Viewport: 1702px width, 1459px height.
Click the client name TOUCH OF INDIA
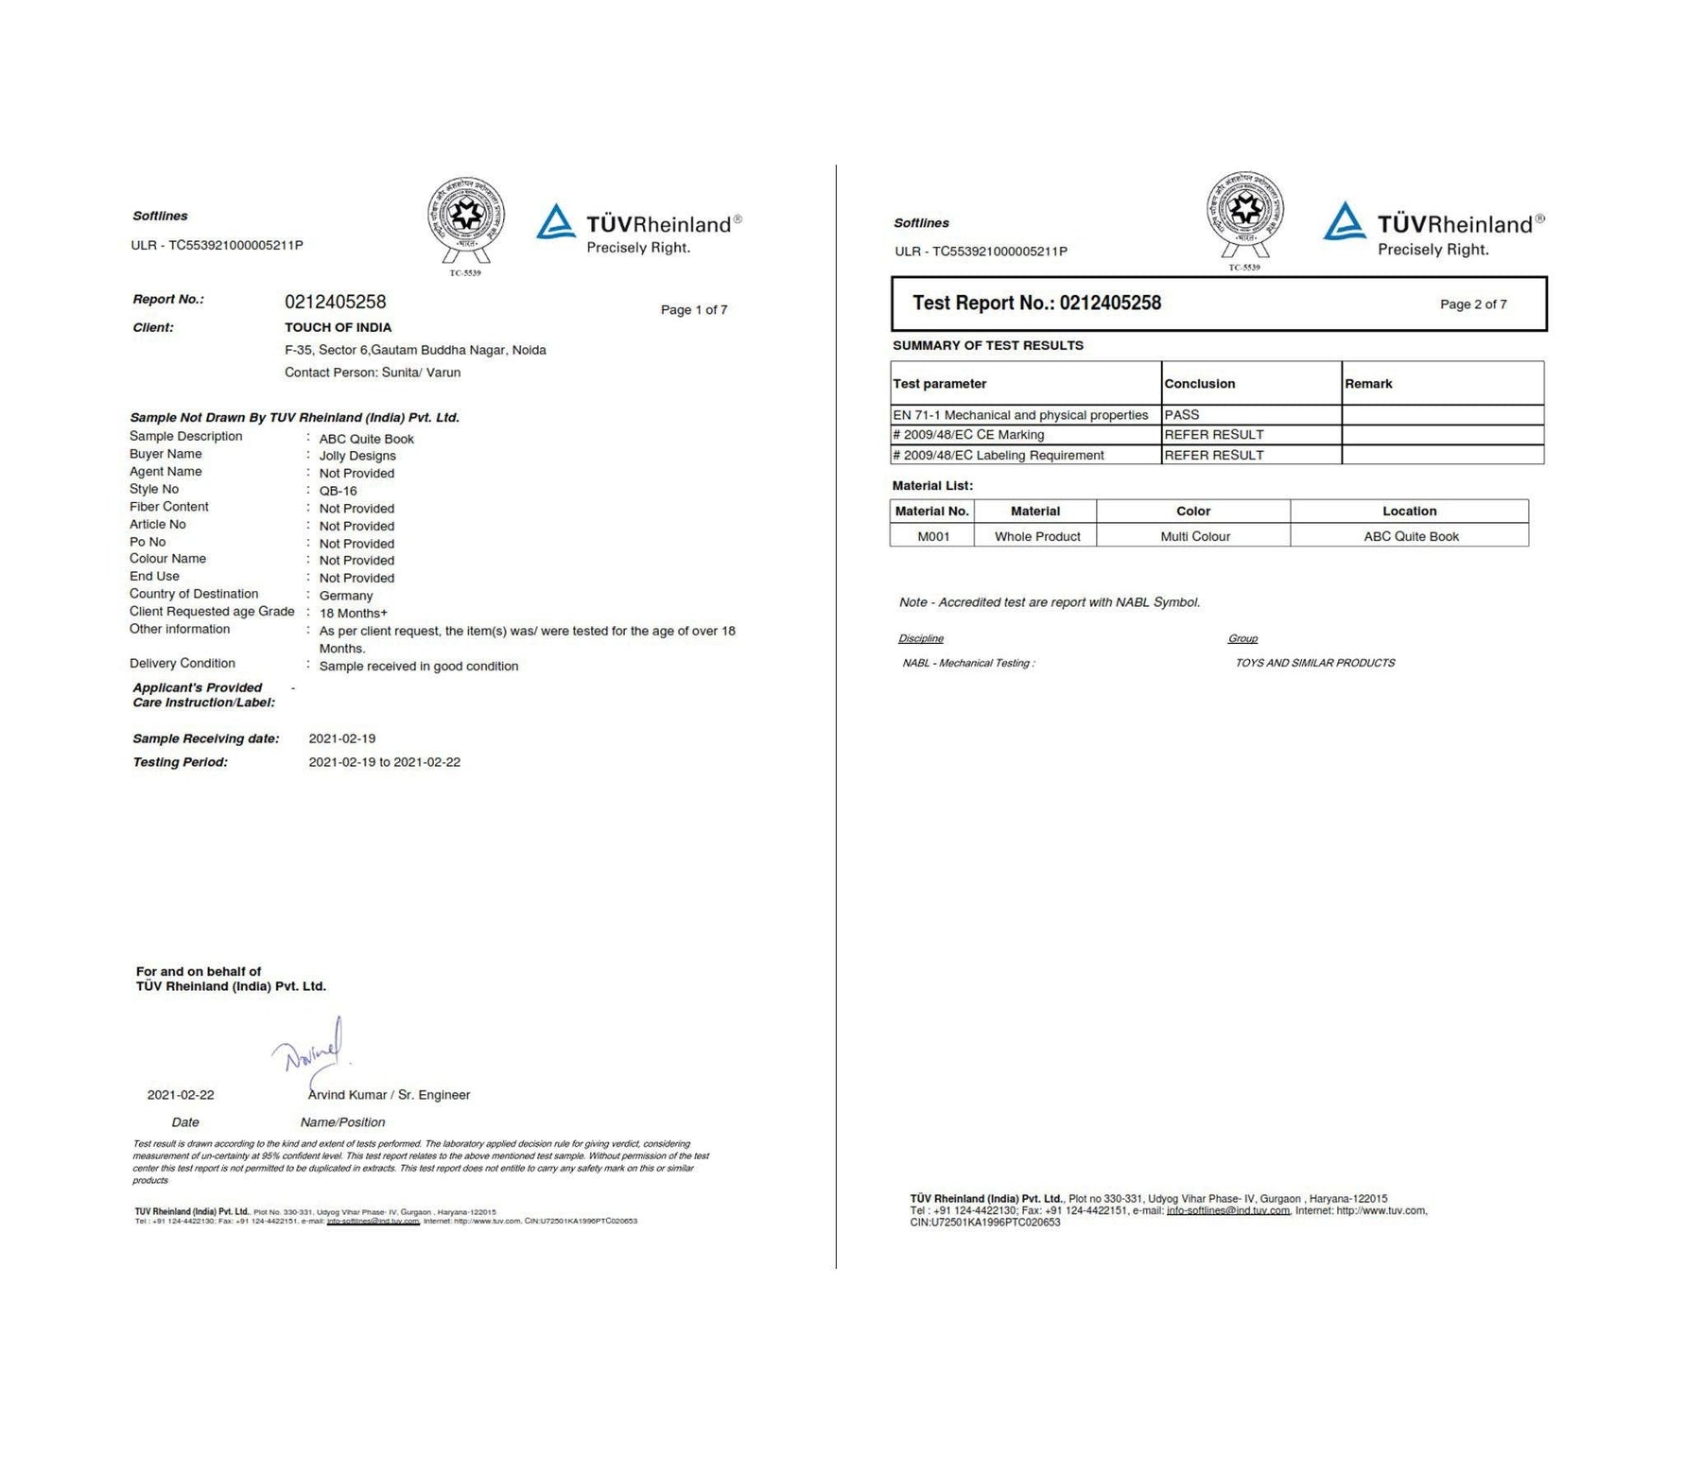(338, 327)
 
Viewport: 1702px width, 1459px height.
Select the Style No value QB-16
(338, 491)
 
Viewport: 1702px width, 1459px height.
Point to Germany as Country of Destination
(345, 596)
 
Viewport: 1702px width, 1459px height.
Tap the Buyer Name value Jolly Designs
(356, 456)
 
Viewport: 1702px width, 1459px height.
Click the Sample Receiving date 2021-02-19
(341, 738)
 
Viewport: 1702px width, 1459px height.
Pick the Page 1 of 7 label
(693, 310)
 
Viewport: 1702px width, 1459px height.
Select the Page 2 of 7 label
(1472, 304)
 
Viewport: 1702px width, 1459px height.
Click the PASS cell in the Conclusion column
(1181, 415)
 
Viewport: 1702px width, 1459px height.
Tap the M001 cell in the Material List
(932, 536)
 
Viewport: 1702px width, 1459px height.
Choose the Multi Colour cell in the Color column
(1194, 536)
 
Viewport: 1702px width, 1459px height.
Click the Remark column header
(1367, 384)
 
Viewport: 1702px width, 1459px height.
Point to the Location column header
(1408, 511)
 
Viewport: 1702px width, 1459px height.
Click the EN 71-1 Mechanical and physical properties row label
(1019, 415)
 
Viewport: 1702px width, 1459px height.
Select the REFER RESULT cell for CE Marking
(1213, 435)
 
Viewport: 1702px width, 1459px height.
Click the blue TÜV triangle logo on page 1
(556, 223)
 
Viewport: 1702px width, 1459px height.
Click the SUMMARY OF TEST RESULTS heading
(987, 345)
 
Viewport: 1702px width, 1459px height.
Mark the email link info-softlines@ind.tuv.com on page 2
(1227, 1210)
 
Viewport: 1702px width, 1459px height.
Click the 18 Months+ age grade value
(353, 613)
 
